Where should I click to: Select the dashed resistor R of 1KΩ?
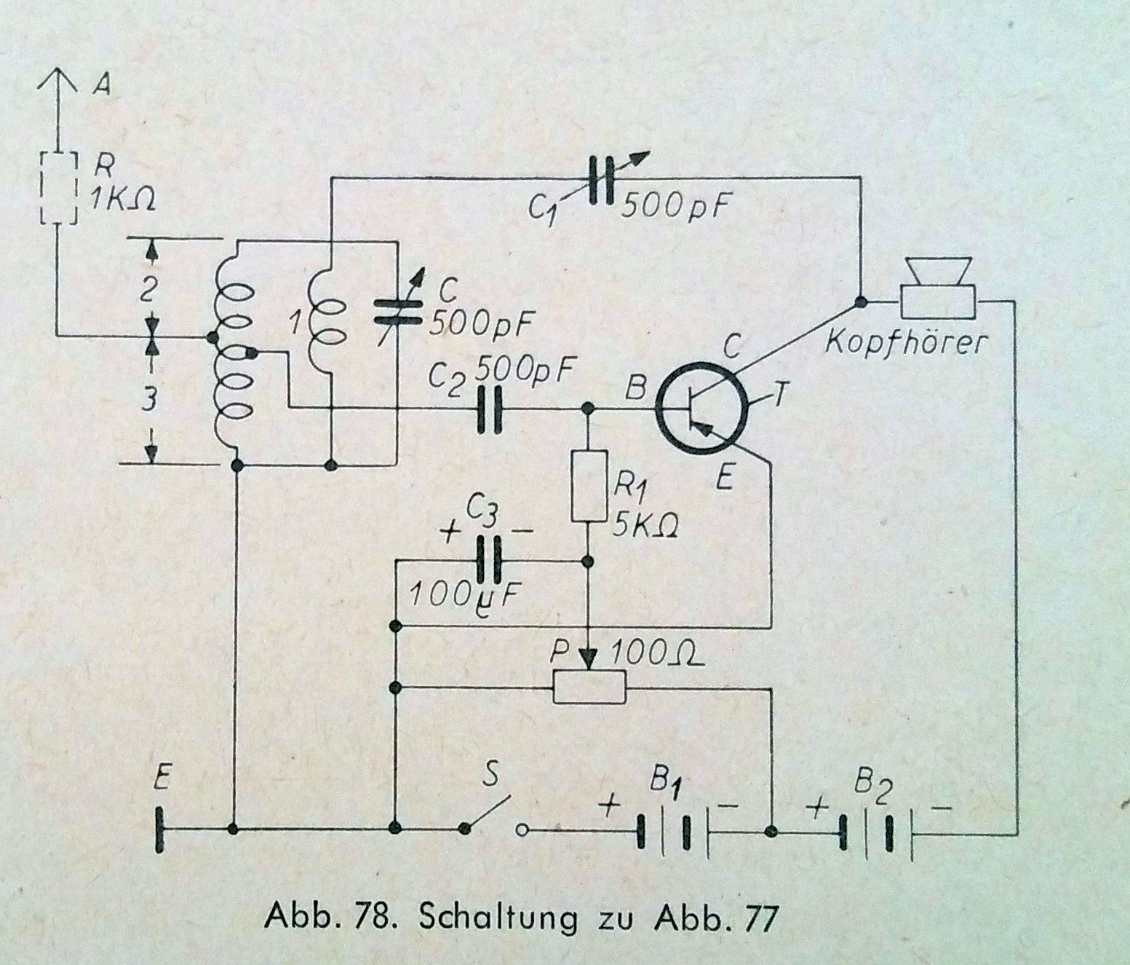click(x=57, y=187)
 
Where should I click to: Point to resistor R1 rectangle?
click(x=589, y=486)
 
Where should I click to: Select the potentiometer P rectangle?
click(x=589, y=685)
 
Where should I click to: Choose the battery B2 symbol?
click(x=867, y=830)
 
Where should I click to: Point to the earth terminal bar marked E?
click(x=161, y=830)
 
